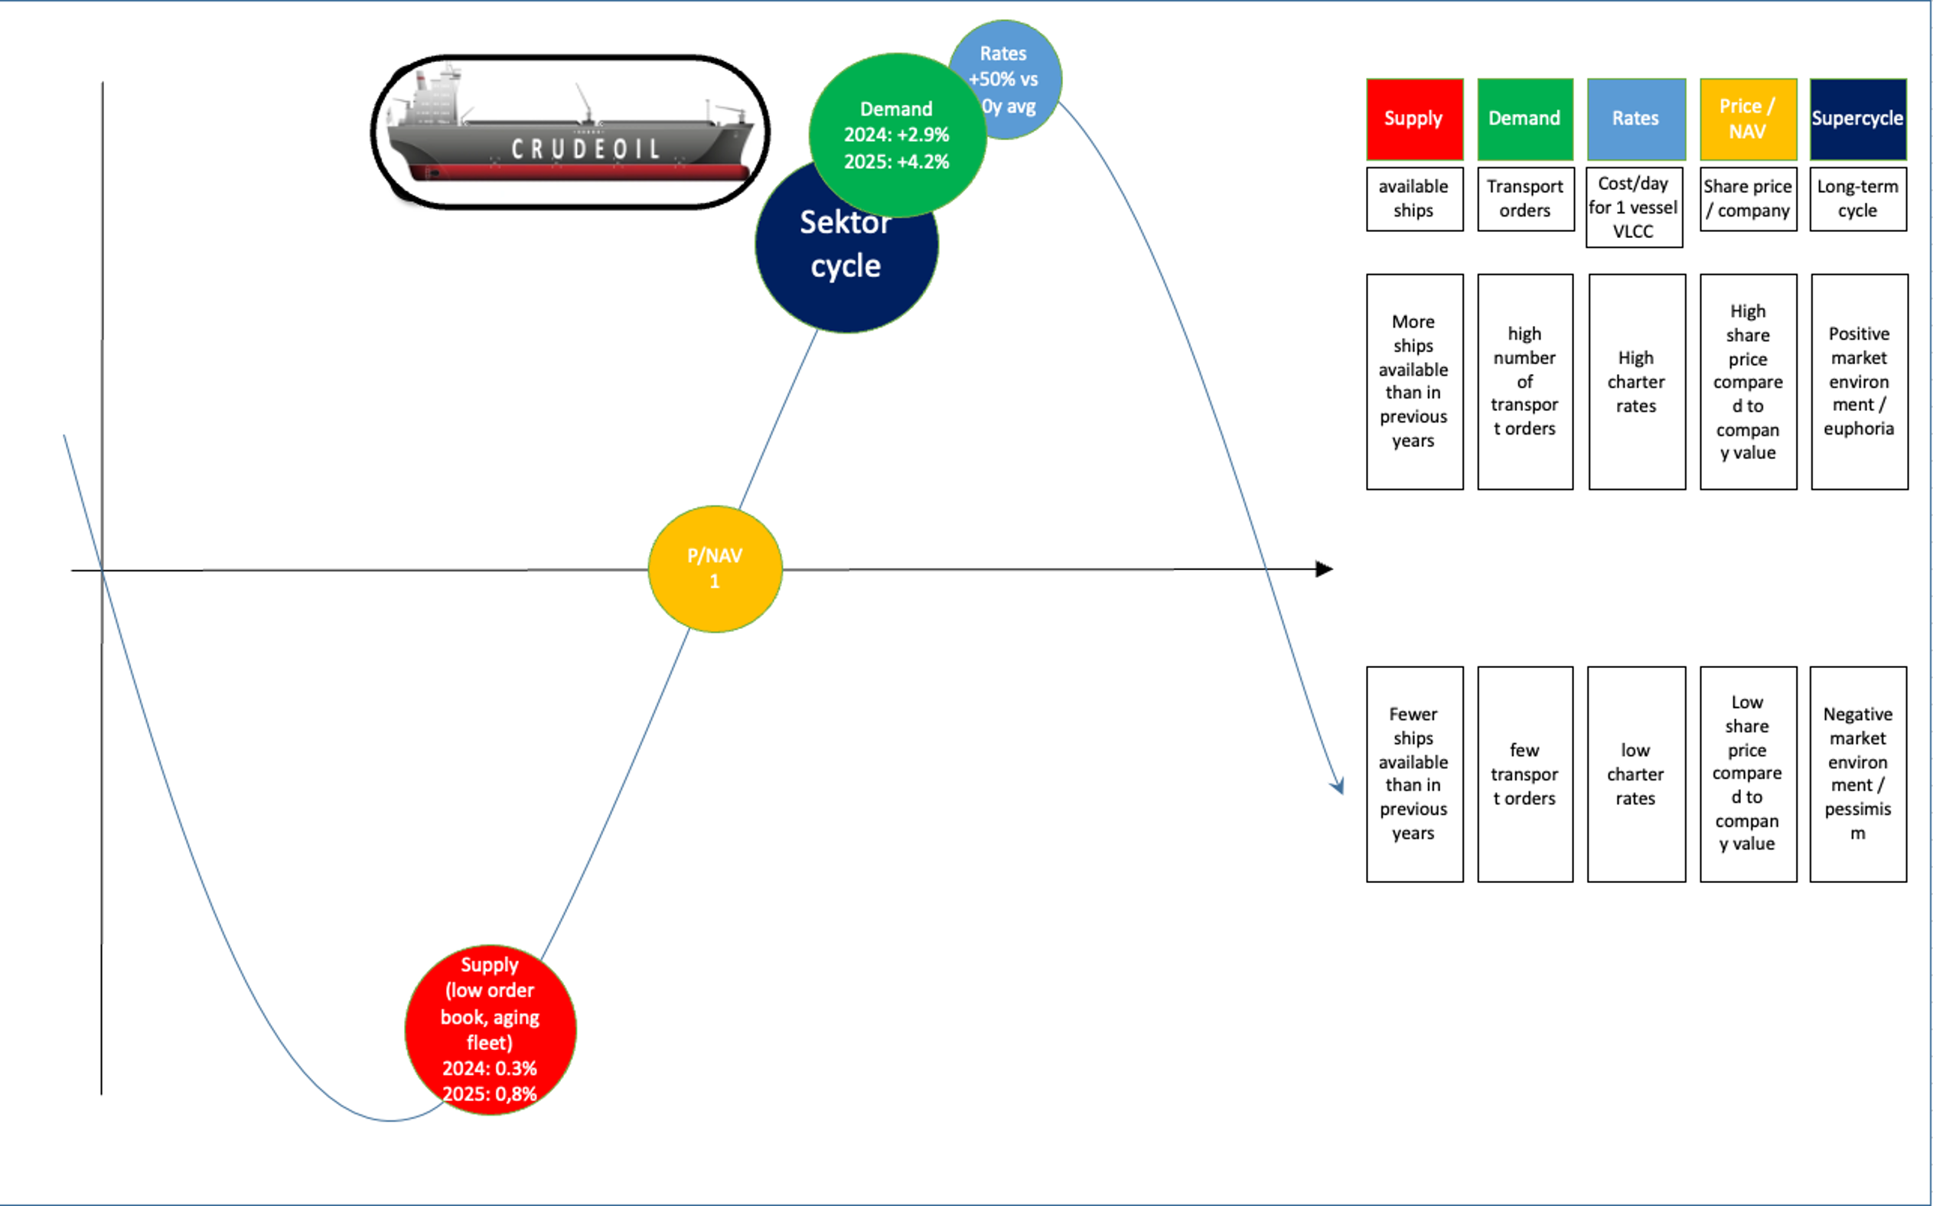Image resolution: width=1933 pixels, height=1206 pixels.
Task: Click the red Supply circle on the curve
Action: tap(490, 1029)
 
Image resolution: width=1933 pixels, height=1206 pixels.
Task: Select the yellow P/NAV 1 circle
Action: tap(715, 569)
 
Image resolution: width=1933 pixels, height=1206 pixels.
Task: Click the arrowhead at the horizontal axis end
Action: tap(1325, 569)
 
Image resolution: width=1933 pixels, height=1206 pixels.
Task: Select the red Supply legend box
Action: tap(1414, 119)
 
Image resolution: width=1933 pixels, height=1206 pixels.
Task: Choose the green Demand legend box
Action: tap(1524, 119)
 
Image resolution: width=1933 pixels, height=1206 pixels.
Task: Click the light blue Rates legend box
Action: tap(1635, 119)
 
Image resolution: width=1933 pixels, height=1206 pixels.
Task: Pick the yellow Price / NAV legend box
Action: tap(1747, 119)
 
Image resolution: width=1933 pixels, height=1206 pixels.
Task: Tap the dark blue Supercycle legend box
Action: tap(1857, 119)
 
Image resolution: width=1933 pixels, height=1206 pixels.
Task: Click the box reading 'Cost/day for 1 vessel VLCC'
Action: tap(1634, 207)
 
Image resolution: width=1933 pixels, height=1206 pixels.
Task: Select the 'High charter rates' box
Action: tap(1636, 381)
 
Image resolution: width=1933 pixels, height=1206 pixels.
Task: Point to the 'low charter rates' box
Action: tap(1635, 774)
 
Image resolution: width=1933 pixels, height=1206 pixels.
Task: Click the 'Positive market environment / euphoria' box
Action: tap(1859, 381)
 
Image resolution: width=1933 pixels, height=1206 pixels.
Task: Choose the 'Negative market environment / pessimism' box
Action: tap(1857, 774)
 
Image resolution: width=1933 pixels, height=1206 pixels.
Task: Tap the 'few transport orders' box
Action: tap(1524, 774)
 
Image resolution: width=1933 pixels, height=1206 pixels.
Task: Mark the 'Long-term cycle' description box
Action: tap(1857, 199)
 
